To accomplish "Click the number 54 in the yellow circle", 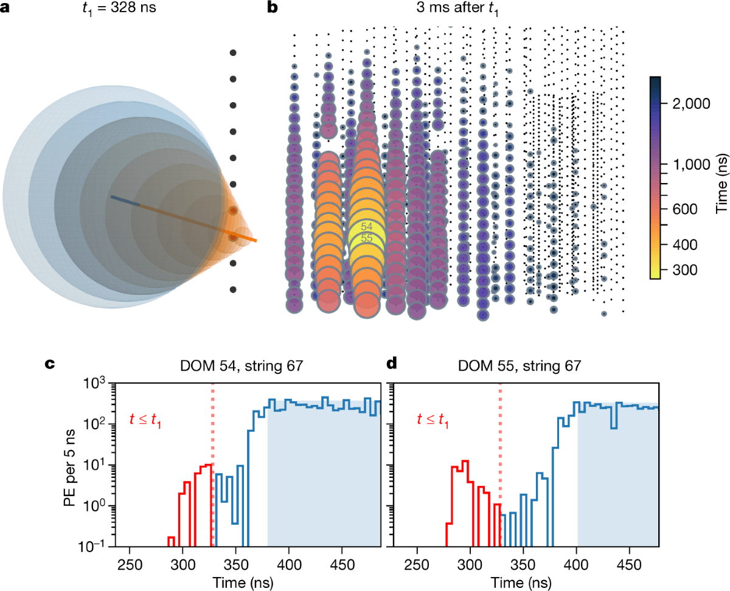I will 366,227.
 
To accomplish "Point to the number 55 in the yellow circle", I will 366,238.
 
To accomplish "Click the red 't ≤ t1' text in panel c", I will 148,418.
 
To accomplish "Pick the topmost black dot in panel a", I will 233,53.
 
